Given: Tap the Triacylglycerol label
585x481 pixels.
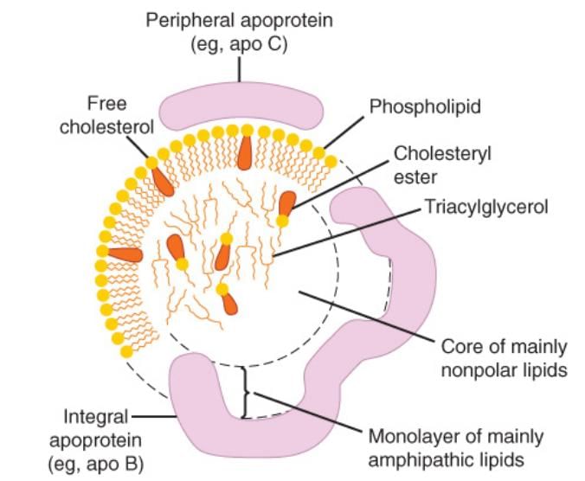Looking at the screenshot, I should (485, 208).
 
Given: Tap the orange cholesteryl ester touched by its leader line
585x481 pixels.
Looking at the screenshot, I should (286, 203).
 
